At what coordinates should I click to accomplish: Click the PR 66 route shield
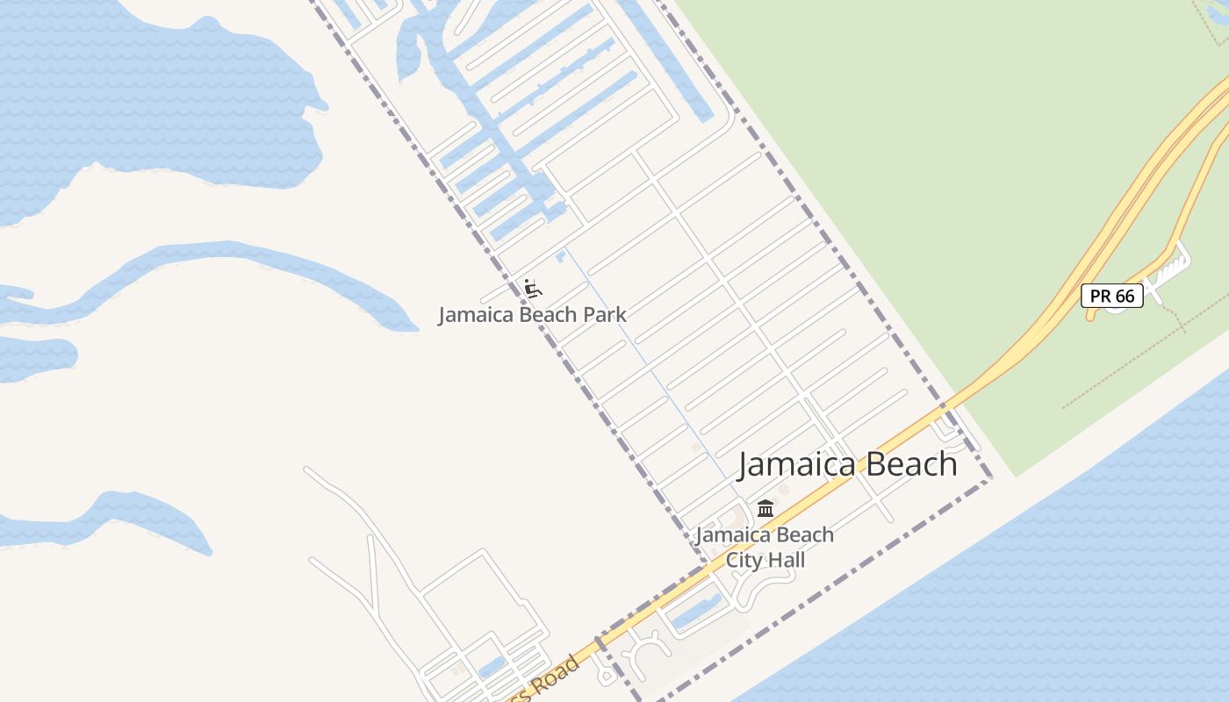tap(1111, 296)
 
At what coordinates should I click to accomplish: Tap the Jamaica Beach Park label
tap(532, 314)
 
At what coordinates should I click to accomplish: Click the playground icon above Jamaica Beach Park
tap(532, 287)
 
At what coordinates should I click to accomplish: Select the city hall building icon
tap(765, 508)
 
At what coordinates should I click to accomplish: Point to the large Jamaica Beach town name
tap(847, 464)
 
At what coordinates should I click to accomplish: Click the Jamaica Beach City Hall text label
tap(765, 547)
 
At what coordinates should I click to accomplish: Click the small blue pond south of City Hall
tap(698, 612)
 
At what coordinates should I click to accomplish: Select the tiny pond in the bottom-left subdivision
tap(492, 667)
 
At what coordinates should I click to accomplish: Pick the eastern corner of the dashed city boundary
tap(990, 479)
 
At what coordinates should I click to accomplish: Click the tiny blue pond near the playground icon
tap(560, 254)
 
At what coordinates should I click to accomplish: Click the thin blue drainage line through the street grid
tap(650, 369)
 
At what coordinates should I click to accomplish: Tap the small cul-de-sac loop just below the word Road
tap(606, 677)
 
